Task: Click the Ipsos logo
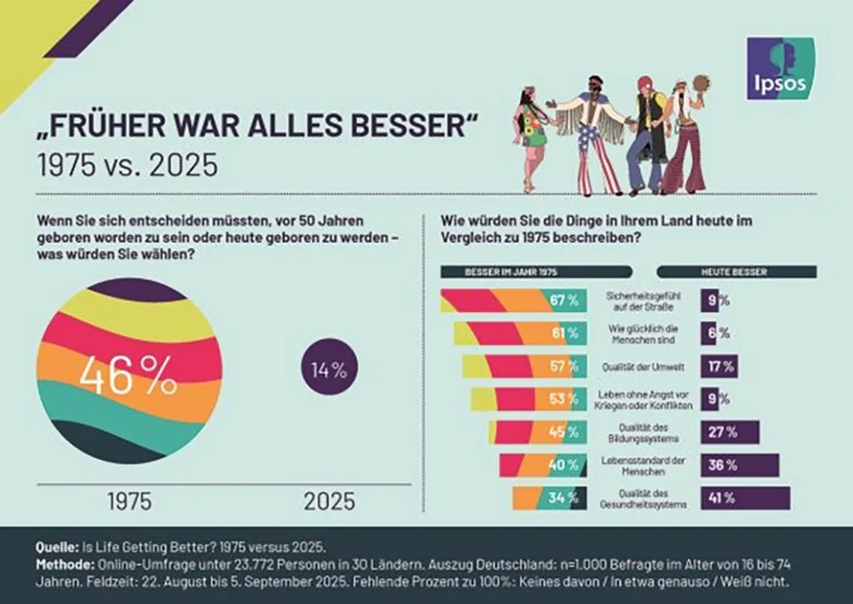781,68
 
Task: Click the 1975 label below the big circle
129,502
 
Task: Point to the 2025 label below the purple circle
329,502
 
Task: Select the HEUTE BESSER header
735,272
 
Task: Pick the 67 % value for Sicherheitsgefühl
564,301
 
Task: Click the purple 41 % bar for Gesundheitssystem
744,498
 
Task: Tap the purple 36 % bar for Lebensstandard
739,466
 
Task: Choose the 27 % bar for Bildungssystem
729,432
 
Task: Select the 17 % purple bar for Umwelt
718,366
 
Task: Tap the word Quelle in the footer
56,548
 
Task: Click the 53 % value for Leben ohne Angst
562,399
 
